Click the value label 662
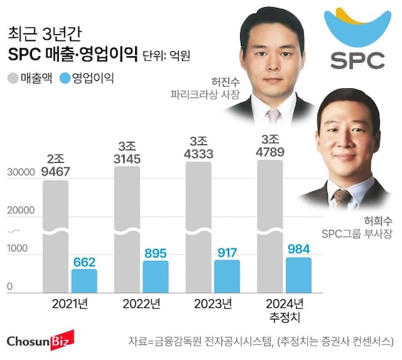tap(84, 261)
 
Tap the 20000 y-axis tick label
tap(20, 211)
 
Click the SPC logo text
tap(357, 60)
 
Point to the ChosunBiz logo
tap(40, 340)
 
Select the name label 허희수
tap(361, 220)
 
